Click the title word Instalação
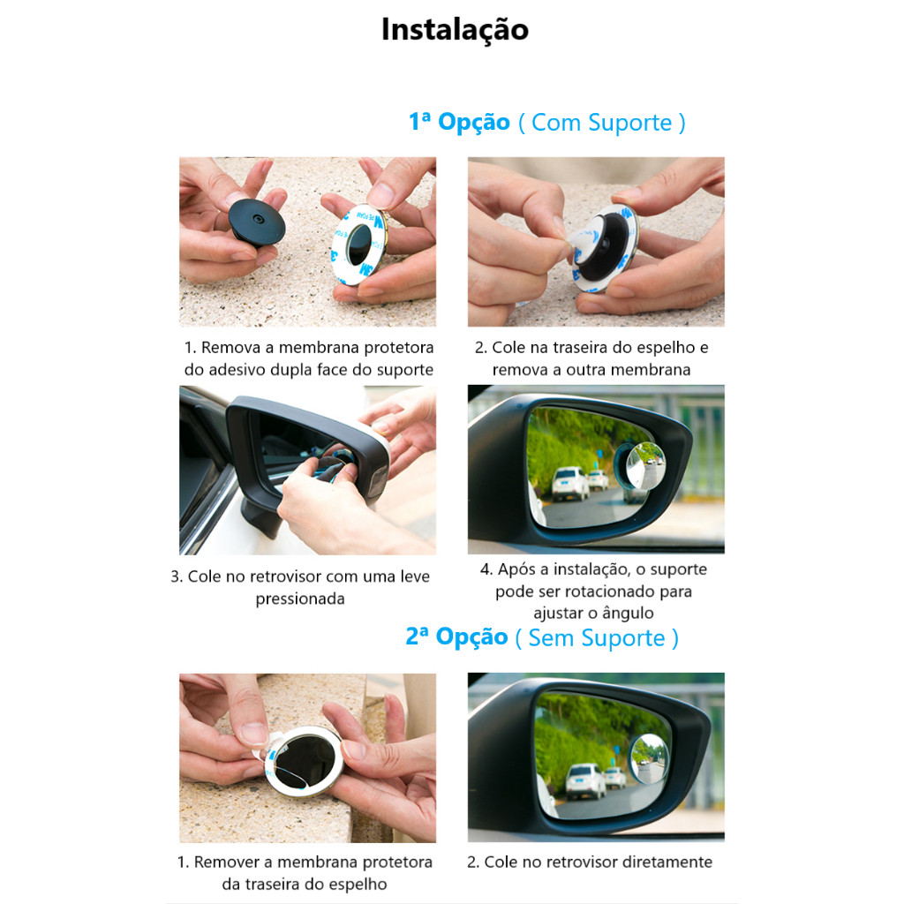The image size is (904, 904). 455,30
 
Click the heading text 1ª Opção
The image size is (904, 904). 459,122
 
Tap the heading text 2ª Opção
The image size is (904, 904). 456,637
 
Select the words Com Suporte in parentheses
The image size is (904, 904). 601,123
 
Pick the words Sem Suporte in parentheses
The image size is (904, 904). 597,638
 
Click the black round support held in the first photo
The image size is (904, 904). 257,222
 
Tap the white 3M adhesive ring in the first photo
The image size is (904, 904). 358,245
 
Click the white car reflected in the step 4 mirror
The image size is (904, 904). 570,483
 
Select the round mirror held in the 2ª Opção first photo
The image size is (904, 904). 304,760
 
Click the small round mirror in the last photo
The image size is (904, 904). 650,759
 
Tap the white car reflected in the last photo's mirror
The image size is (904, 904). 585,780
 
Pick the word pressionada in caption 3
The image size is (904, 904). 300,599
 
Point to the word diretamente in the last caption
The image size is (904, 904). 667,862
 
